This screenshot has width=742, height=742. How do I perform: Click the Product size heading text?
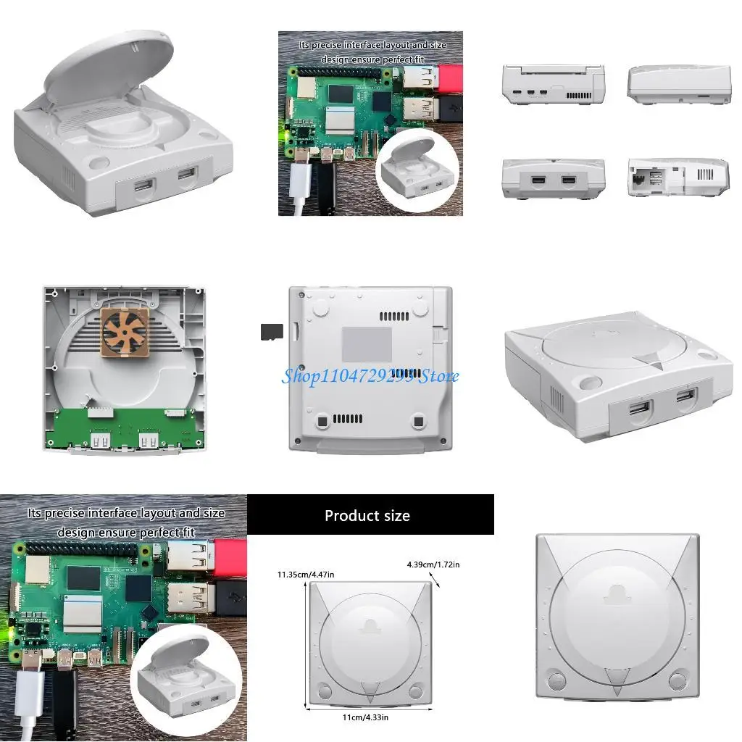tap(367, 516)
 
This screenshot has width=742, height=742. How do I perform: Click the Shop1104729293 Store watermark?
tap(370, 376)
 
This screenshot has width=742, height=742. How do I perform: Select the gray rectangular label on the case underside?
tap(367, 344)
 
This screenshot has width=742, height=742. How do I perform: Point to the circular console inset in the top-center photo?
tap(417, 172)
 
